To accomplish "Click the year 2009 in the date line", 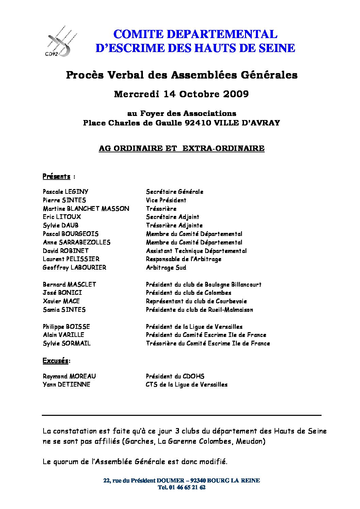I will (236, 94).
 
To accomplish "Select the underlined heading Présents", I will (56, 176).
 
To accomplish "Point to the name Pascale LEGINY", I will (66, 192).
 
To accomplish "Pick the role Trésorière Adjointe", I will (174, 225).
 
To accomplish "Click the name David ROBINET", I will (66, 251).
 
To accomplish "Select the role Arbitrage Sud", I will (166, 268).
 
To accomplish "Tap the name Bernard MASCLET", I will (69, 285).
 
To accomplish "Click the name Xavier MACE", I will (61, 301).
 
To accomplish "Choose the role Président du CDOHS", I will (175, 376).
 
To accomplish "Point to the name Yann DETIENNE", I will (67, 385).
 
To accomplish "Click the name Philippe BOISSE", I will (66, 327).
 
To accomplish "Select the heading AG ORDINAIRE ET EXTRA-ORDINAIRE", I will (181, 149).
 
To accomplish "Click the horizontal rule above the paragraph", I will (181, 415).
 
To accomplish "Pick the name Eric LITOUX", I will (62, 217).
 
